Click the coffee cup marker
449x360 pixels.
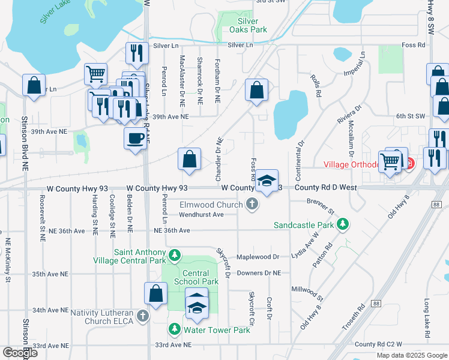click(135, 138)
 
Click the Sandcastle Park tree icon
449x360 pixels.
click(343, 225)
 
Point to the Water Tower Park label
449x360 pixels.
click(217, 330)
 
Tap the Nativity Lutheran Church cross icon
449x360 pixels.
click(142, 315)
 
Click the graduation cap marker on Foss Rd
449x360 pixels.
click(267, 180)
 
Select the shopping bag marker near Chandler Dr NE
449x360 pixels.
click(189, 159)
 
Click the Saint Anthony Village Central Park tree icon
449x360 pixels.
click(175, 256)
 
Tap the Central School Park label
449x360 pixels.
click(196, 277)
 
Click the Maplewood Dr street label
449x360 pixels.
click(258, 257)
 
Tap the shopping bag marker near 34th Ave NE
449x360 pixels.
click(155, 293)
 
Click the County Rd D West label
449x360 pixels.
click(324, 188)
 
